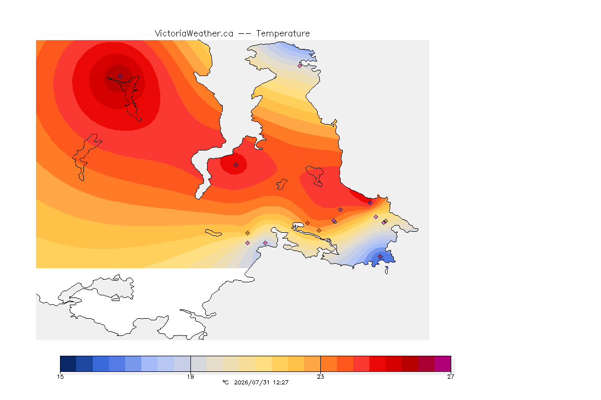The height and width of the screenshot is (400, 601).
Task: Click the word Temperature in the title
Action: click(283, 34)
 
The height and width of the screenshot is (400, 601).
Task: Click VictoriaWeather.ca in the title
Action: click(194, 34)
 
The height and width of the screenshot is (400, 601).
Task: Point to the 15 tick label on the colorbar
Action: click(60, 377)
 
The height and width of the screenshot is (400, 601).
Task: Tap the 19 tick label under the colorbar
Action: click(190, 377)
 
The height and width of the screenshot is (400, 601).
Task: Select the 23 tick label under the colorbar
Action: click(320, 377)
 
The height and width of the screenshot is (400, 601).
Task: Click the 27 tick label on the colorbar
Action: click(451, 377)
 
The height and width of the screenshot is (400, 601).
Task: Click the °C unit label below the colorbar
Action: click(225, 382)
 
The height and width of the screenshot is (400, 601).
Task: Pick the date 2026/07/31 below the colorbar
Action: click(252, 382)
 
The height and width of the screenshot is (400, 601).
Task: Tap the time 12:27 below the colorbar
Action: click(281, 382)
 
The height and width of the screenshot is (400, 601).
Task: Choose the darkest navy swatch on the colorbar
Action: click(68, 364)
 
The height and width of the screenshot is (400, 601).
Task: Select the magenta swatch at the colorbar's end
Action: click(443, 364)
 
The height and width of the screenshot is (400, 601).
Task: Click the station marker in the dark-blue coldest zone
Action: click(380, 256)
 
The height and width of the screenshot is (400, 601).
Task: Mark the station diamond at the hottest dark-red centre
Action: click(121, 77)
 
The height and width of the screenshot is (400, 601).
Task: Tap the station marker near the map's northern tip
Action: click(300, 66)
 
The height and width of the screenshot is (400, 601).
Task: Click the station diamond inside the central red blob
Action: click(236, 165)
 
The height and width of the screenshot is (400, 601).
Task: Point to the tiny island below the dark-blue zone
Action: click(387, 270)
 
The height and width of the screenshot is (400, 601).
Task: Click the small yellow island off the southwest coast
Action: click(213, 233)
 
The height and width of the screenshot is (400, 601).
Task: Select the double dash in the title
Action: click(245, 34)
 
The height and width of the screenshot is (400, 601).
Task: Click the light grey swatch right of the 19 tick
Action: click(199, 364)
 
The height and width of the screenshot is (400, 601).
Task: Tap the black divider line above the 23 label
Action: click(320, 364)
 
